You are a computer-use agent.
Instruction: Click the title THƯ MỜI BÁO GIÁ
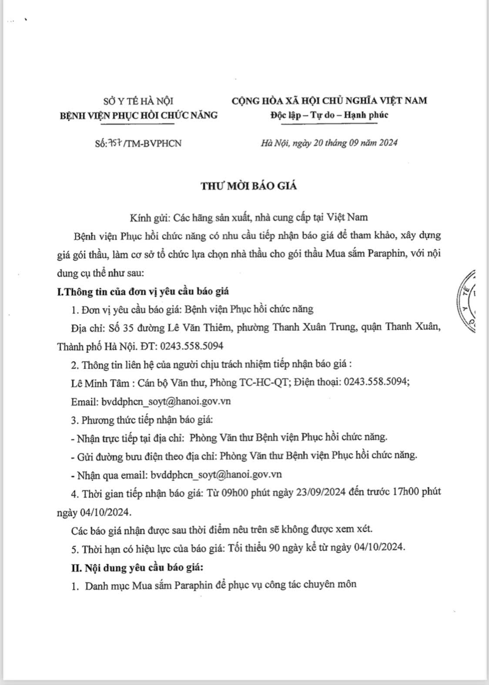[x=248, y=186]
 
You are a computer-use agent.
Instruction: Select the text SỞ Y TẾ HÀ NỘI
[x=138, y=101]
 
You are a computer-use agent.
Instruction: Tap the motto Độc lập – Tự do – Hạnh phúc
[x=329, y=115]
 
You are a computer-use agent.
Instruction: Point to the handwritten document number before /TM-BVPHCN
[x=115, y=143]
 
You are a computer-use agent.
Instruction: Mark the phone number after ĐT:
[x=192, y=346]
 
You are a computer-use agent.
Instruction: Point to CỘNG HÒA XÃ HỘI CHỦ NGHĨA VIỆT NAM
[x=329, y=101]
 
